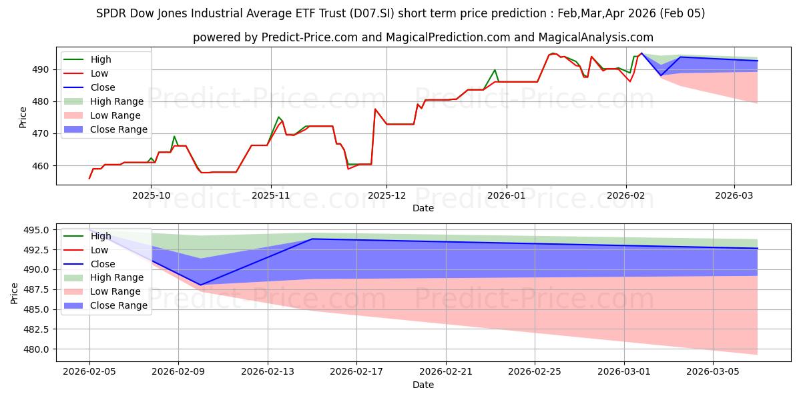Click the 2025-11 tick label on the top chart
pyautogui.click(x=270, y=196)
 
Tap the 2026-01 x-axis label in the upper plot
pyautogui.click(x=506, y=196)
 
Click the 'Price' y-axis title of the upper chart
pyautogui.click(x=23, y=118)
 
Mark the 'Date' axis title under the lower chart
pyautogui.click(x=423, y=385)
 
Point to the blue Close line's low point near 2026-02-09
pyautogui.click(x=201, y=285)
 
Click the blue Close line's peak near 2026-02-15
pyautogui.click(x=312, y=239)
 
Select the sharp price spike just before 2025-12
pyautogui.click(x=375, y=109)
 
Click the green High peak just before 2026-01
pyautogui.click(x=495, y=70)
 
